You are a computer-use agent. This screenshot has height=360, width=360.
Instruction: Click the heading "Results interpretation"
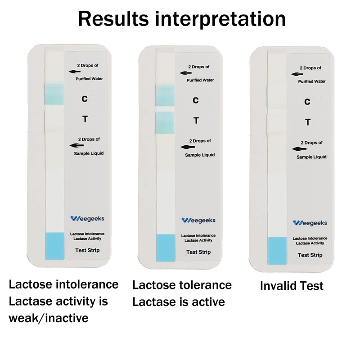182,19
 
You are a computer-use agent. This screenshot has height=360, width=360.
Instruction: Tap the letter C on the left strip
85,98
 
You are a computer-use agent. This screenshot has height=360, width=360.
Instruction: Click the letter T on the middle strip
196,120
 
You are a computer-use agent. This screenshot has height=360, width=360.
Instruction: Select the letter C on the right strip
307,102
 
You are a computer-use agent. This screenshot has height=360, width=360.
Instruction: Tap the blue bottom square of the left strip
55,245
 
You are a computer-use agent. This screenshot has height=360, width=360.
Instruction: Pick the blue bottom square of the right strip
277,250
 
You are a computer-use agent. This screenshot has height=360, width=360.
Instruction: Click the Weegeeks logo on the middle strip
198,220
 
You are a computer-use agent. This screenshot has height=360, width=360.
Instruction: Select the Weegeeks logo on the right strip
310,222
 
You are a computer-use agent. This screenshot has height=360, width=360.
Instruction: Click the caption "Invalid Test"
292,286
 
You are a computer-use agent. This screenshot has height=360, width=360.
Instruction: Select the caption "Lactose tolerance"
182,285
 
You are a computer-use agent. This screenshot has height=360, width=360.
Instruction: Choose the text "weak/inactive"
48,318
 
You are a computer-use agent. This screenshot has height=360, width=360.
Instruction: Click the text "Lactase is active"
178,301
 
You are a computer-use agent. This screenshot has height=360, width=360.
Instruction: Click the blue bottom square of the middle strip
165,247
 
